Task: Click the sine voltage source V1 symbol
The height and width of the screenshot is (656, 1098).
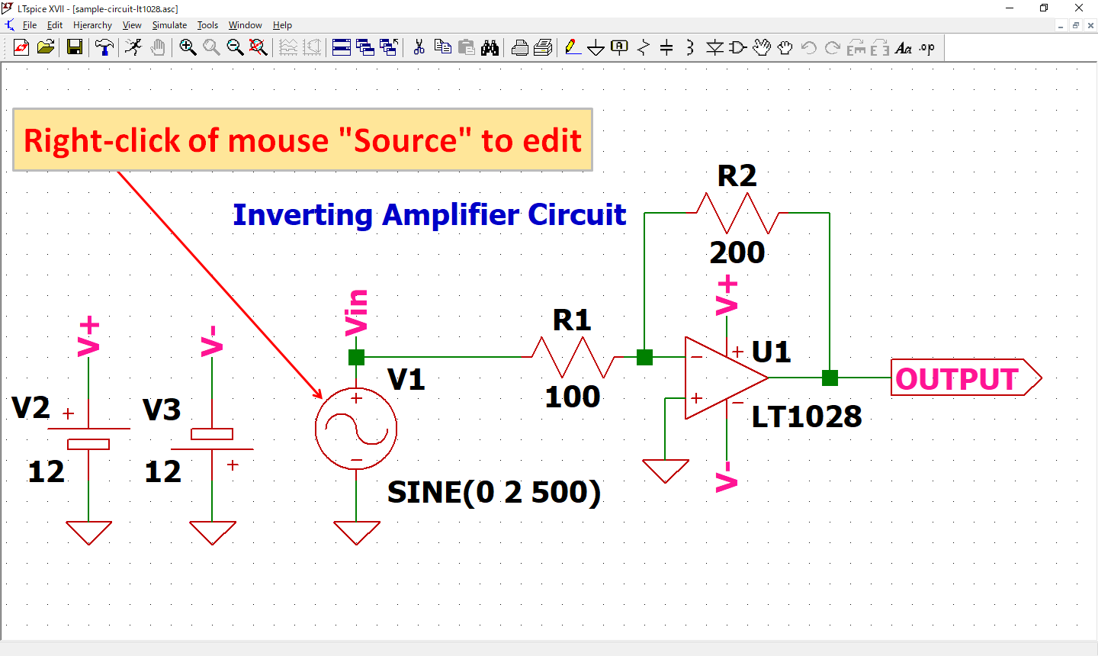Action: click(356, 429)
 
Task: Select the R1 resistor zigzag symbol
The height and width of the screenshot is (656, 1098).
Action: click(573, 357)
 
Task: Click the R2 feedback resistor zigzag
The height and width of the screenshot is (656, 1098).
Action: click(737, 213)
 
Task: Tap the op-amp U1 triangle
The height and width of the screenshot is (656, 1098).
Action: click(721, 378)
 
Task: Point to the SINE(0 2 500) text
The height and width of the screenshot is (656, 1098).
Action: click(494, 492)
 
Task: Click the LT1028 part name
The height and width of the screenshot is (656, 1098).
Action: click(807, 416)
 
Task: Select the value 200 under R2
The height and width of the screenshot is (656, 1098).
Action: click(737, 252)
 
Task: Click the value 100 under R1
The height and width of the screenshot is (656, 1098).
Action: click(573, 397)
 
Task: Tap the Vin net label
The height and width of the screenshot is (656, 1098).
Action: click(356, 312)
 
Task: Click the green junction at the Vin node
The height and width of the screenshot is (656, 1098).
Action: click(356, 357)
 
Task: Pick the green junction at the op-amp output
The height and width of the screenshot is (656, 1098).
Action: click(830, 378)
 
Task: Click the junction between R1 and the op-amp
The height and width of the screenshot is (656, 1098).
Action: click(644, 357)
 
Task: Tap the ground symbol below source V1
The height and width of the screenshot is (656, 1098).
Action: click(356, 532)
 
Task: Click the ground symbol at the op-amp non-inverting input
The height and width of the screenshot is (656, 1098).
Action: click(666, 470)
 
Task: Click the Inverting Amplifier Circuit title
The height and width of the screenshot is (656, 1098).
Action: click(429, 215)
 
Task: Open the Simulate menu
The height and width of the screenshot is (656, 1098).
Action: click(169, 25)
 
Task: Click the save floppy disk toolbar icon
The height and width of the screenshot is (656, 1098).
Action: click(75, 47)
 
